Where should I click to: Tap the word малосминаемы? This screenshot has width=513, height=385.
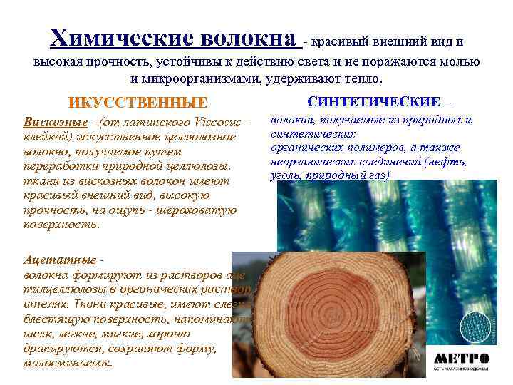click(68, 362)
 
